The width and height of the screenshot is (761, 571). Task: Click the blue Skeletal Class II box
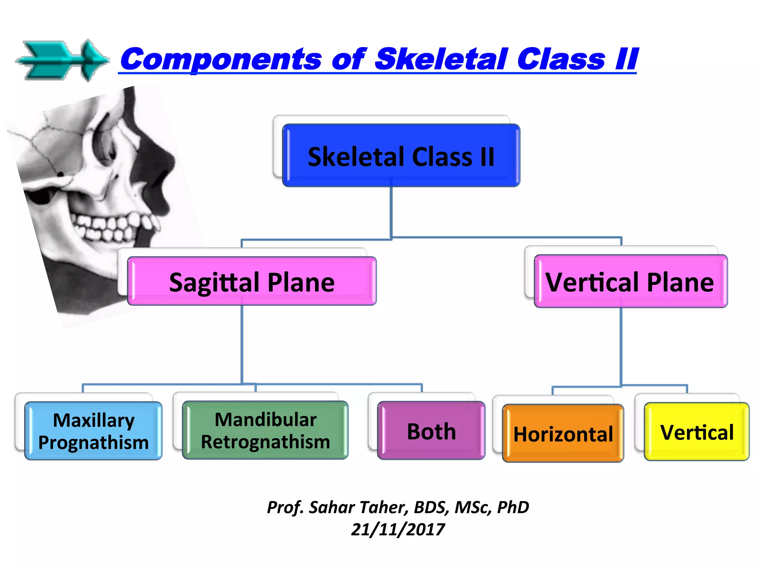coord(401,156)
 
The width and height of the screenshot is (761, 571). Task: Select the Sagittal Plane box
coord(252,281)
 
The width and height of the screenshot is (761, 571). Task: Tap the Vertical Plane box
coord(630,281)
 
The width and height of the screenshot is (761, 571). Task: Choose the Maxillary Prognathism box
coord(93,431)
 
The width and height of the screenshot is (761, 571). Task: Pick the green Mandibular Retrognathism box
coord(265,430)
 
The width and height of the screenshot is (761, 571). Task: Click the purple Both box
coord(431,431)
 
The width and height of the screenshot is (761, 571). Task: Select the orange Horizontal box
coord(563,433)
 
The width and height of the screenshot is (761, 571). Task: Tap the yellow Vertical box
coord(696,432)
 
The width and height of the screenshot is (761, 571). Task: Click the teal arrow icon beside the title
coord(62,61)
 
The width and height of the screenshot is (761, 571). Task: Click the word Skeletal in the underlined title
coord(441,59)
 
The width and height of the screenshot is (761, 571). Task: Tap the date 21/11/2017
coord(398,529)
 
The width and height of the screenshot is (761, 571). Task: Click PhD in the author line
coord(513,507)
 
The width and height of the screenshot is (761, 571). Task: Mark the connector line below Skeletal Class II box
coord(391,212)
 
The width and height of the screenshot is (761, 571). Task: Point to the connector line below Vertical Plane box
coord(621,346)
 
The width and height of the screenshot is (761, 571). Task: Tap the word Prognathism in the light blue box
coord(93,442)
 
